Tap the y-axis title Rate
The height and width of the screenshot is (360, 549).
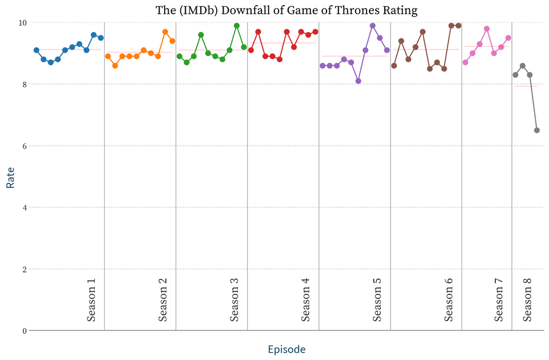coord(10,177)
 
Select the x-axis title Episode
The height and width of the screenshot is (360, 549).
coord(287,349)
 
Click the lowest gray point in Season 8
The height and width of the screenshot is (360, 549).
coord(537,130)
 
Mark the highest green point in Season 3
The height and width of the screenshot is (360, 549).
coord(237,26)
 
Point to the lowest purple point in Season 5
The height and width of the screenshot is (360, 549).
coord(359,81)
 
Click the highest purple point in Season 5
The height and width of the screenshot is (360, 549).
coord(373,26)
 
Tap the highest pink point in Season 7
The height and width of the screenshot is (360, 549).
coord(487,29)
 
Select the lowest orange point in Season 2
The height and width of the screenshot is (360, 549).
coord(115,66)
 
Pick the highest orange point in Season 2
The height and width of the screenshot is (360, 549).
coord(165,32)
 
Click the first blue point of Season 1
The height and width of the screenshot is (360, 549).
coord(37,50)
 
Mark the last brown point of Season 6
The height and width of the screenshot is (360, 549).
coord(459,26)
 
